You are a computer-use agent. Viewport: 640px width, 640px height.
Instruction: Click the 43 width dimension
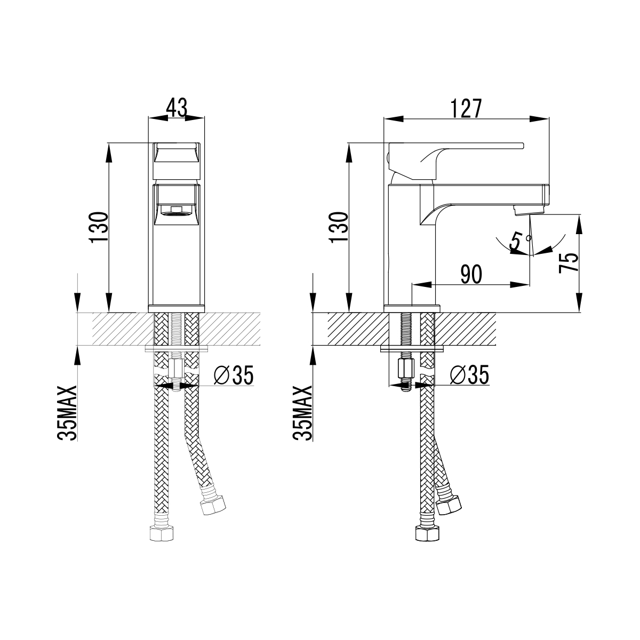tap(177, 108)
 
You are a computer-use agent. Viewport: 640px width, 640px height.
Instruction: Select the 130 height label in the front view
tap(99, 228)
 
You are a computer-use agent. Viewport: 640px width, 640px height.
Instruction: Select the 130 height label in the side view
tap(339, 228)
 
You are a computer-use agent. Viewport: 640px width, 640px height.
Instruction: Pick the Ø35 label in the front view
tap(233, 376)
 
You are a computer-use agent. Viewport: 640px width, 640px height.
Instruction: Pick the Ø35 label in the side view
tap(469, 376)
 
